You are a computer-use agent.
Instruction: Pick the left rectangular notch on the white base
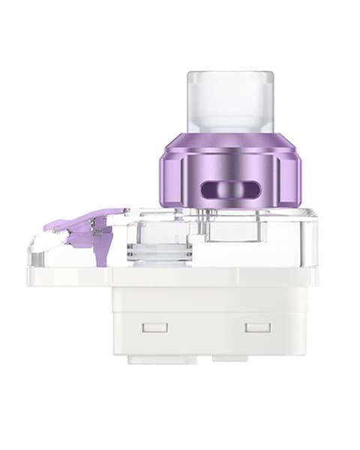(x=155, y=328)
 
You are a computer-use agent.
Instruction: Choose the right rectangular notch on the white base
(x=257, y=328)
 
